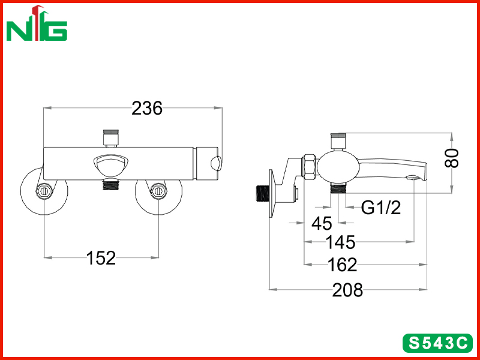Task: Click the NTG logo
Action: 37,23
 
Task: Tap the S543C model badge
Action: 438,343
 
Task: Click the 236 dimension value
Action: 147,109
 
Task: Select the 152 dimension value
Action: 101,258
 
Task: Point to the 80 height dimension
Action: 452,158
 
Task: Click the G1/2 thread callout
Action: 381,208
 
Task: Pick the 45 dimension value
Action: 322,223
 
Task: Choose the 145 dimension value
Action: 340,242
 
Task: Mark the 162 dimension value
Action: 342,265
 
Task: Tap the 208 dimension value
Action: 347,290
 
